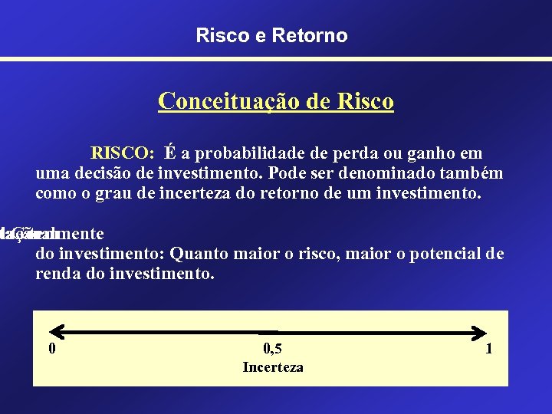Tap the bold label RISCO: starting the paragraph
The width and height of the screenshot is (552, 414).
coord(123,153)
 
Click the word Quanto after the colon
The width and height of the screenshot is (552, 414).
coord(199,254)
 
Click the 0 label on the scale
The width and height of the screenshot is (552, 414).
coord(51,350)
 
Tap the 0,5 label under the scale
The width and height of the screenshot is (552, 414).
coord(272,350)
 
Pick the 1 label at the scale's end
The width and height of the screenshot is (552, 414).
coord(488,350)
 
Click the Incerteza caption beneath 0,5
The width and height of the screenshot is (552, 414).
coord(272,367)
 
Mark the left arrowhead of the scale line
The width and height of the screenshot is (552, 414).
coord(44,332)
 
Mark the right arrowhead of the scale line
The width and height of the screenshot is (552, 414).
coord(483,332)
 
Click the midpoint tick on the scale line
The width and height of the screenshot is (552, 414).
coord(268,332)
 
